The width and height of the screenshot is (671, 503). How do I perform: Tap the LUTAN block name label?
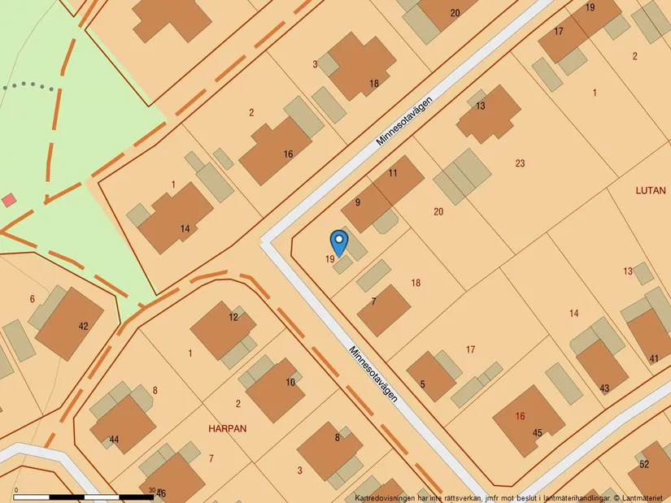[x=651, y=190]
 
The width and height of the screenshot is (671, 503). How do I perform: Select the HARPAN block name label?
[x=227, y=427]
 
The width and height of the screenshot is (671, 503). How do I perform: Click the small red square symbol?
[x=8, y=200]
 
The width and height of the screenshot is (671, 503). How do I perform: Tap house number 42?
[x=83, y=326]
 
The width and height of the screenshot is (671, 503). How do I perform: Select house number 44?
[x=114, y=440]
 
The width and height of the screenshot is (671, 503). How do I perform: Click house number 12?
[x=233, y=317]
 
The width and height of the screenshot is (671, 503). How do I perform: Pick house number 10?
[x=290, y=383]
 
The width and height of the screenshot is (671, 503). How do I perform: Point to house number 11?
[x=393, y=173]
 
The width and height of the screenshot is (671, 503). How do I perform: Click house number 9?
[x=357, y=202]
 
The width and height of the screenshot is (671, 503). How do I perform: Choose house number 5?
[x=423, y=384]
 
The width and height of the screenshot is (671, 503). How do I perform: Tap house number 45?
[x=537, y=433]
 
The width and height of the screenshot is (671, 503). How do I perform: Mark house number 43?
[x=604, y=388]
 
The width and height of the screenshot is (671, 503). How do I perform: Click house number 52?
[x=644, y=464]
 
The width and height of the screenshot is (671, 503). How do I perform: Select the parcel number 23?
[x=520, y=163]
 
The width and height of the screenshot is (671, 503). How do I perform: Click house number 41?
[x=654, y=358]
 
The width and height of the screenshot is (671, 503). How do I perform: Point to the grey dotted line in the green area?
[x=28, y=85]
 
